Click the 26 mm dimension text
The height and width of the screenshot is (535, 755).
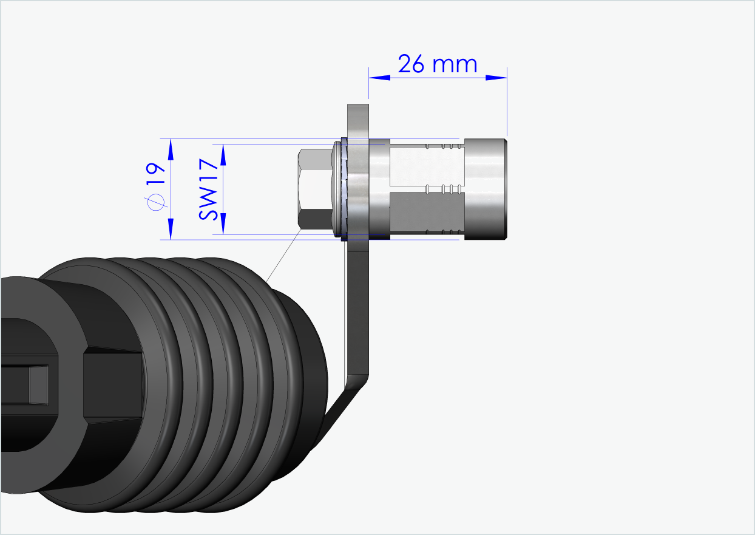coord(438,63)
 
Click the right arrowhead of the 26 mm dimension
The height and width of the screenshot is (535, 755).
coord(497,78)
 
